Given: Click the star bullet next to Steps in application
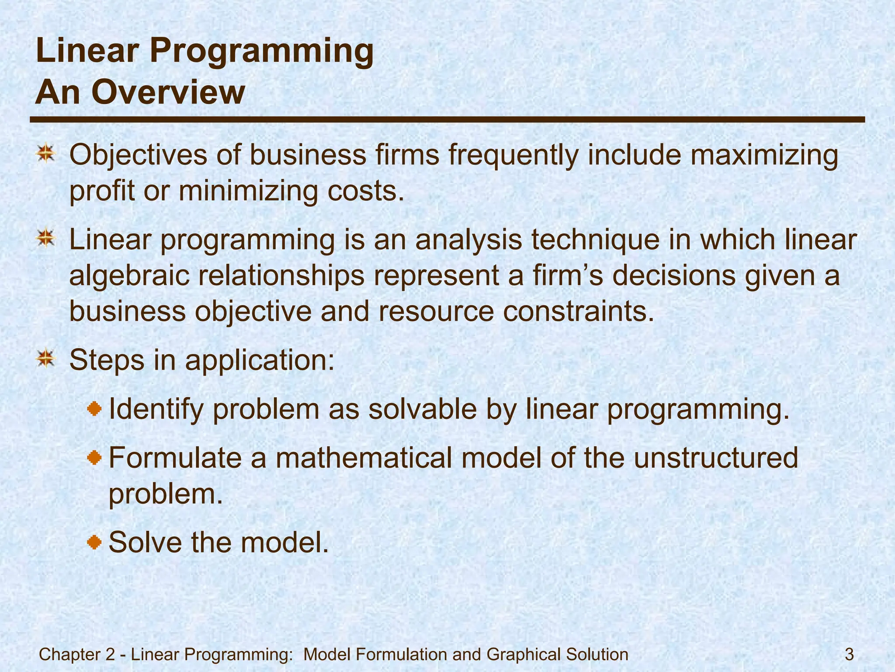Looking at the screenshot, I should click(45, 359).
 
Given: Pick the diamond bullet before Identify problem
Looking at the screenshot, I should click(94, 409).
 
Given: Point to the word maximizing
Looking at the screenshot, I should click(763, 155).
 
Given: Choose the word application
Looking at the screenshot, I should click(260, 360).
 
